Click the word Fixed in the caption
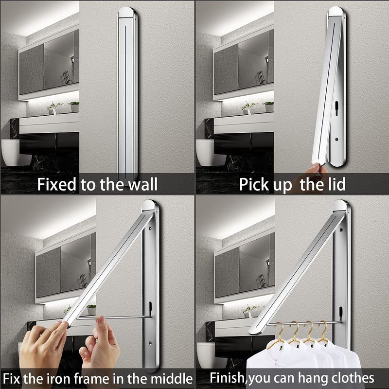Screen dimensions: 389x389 pyautogui.click(x=56, y=184)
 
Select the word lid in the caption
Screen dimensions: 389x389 pyautogui.click(x=336, y=184)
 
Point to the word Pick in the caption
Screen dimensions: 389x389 pyautogui.click(x=253, y=184)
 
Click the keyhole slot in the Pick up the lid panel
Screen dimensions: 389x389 pyautogui.click(x=336, y=105)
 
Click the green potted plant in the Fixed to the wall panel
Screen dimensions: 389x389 pyautogui.click(x=74, y=106)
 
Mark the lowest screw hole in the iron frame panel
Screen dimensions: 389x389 pyautogui.click(x=150, y=343)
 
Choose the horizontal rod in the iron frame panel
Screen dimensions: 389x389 pyautogui.click(x=114, y=317)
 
